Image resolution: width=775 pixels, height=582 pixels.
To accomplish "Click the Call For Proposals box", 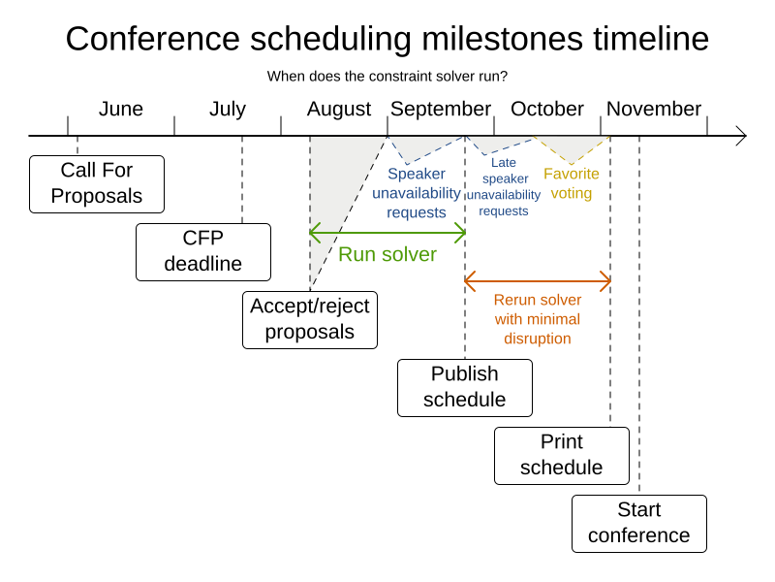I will pyautogui.click(x=97, y=184).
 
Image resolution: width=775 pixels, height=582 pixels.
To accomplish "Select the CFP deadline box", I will pyautogui.click(x=203, y=252).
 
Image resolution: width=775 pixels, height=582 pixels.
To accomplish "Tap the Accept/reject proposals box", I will pyautogui.click(x=310, y=320).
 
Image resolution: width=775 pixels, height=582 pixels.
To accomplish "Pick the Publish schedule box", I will pyautogui.click(x=465, y=388).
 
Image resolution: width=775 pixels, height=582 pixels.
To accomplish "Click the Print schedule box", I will pyautogui.click(x=562, y=456).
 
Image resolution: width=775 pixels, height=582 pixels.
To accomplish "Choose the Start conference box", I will pyautogui.click(x=639, y=524).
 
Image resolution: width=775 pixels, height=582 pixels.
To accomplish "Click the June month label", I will pyautogui.click(x=121, y=110).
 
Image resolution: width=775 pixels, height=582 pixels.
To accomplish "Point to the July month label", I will pyautogui.click(x=228, y=110).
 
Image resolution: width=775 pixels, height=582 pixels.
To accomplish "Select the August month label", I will pyautogui.click(x=339, y=110).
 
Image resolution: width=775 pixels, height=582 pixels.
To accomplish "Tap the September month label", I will pyautogui.click(x=441, y=110).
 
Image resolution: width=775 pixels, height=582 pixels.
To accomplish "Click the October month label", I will pyautogui.click(x=547, y=110).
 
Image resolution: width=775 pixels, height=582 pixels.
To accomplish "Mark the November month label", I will pyautogui.click(x=654, y=110).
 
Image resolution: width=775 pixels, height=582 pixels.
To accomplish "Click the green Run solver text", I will pyautogui.click(x=387, y=255).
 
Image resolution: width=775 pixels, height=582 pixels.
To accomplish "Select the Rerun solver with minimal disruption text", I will pyautogui.click(x=538, y=319).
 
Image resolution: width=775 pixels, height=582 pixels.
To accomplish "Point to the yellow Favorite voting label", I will pyautogui.click(x=572, y=183).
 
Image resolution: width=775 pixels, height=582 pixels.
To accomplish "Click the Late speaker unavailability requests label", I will pyautogui.click(x=504, y=186).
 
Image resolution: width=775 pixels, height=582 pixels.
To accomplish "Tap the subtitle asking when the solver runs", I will pyautogui.click(x=387, y=76).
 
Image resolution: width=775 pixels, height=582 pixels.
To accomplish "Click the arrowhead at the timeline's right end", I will pyautogui.click(x=741, y=136).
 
